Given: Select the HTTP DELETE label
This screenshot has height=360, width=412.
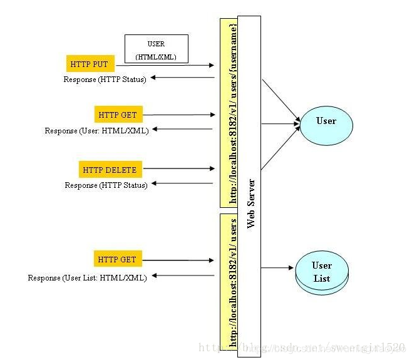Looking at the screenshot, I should pyautogui.click(x=108, y=170).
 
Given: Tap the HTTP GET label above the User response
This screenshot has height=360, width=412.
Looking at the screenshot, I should pyautogui.click(x=117, y=115).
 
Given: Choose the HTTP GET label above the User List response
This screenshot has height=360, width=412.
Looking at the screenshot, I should pyautogui.click(x=117, y=259).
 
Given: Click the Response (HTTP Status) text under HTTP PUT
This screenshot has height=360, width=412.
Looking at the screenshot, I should pyautogui.click(x=105, y=80).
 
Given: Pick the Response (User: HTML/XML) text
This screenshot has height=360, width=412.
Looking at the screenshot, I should pyautogui.click(x=96, y=131).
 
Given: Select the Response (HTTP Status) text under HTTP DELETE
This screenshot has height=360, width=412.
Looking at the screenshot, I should pyautogui.click(x=106, y=185).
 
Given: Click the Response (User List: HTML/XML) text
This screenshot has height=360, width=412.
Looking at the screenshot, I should pyautogui.click(x=88, y=277).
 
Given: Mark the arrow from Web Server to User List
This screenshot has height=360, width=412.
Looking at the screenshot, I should pyautogui.click(x=278, y=268).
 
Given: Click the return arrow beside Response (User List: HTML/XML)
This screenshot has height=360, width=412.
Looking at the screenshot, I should pyautogui.click(x=182, y=275).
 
